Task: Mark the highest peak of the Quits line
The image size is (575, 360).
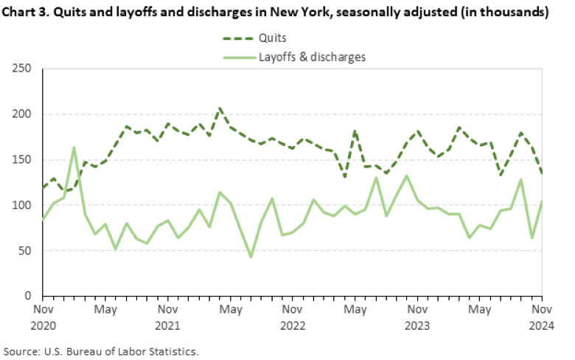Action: point(220,108)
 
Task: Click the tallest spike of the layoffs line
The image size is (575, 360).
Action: point(74,147)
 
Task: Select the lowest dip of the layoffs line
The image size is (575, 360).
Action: point(251,257)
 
